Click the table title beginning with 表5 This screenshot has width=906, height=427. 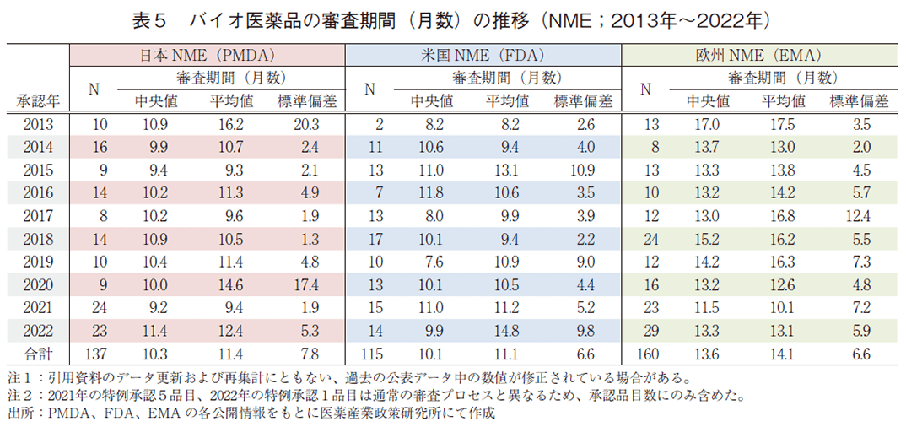(x=453, y=19)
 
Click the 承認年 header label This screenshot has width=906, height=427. (x=37, y=101)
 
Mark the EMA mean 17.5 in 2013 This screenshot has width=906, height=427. (x=783, y=125)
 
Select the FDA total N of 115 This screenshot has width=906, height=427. (x=372, y=354)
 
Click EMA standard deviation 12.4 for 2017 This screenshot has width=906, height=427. (x=860, y=216)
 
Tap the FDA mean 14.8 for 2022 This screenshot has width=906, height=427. (x=507, y=331)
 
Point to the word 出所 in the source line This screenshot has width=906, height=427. (x=19, y=413)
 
